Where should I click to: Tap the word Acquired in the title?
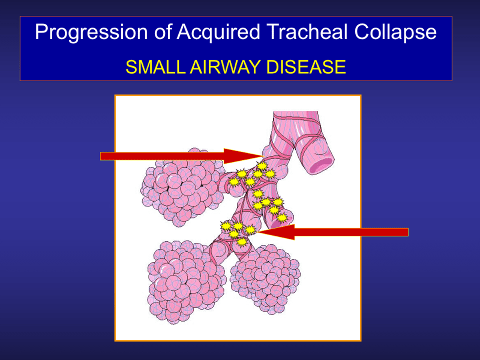point(218,32)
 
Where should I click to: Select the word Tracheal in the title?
point(307,32)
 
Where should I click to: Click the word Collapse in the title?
point(395,32)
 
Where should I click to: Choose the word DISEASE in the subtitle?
point(306,67)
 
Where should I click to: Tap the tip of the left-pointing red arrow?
point(257,232)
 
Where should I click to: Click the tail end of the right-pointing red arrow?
point(100,156)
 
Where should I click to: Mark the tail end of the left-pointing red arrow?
point(408,232)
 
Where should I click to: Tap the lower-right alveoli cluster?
point(265,279)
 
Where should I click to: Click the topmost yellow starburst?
point(262,166)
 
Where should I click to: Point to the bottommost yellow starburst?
point(242,242)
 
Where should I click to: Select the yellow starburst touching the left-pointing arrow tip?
point(250,229)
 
